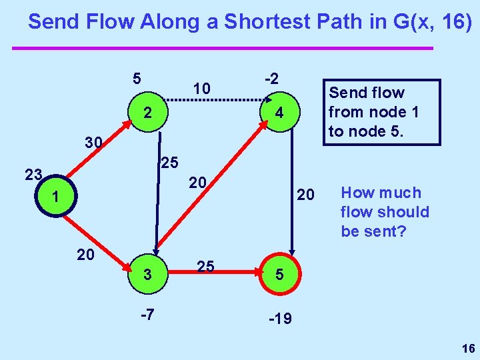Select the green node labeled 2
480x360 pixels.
[147, 113]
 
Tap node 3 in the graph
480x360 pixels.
[148, 273]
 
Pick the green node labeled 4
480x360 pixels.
[279, 113]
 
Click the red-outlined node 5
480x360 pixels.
[279, 274]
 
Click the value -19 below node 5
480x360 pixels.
[279, 319]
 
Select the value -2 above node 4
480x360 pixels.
[271, 78]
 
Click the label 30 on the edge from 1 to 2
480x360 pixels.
[93, 142]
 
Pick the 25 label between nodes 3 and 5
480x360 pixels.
[205, 266]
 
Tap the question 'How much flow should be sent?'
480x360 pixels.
[385, 211]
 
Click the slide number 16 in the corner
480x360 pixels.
[467, 349]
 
